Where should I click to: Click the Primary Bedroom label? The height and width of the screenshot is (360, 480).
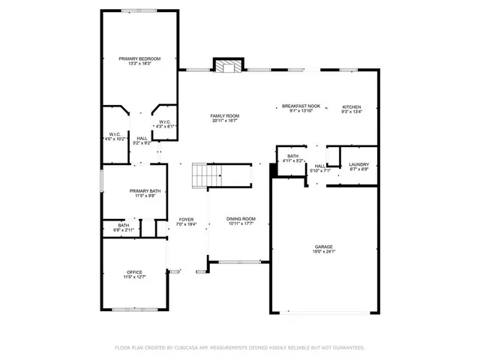point(139,58)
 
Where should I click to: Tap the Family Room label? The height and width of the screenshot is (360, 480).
point(225,115)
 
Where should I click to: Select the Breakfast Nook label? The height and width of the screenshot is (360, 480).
point(301,106)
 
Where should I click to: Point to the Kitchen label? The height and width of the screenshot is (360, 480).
point(352,107)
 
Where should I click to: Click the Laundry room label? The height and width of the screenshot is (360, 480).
point(358,164)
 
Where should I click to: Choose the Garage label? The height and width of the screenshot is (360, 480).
point(324,247)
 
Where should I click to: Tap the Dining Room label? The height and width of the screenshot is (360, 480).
point(241,218)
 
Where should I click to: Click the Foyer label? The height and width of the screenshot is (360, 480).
point(186,219)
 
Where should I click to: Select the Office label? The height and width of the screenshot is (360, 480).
point(135,271)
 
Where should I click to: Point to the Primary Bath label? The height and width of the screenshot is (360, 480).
point(145,191)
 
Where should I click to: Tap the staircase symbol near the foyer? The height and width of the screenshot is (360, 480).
point(207,175)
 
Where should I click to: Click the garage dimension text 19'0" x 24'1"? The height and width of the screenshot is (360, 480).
point(324,252)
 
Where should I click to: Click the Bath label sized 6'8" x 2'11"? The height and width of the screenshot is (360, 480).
point(123,225)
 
